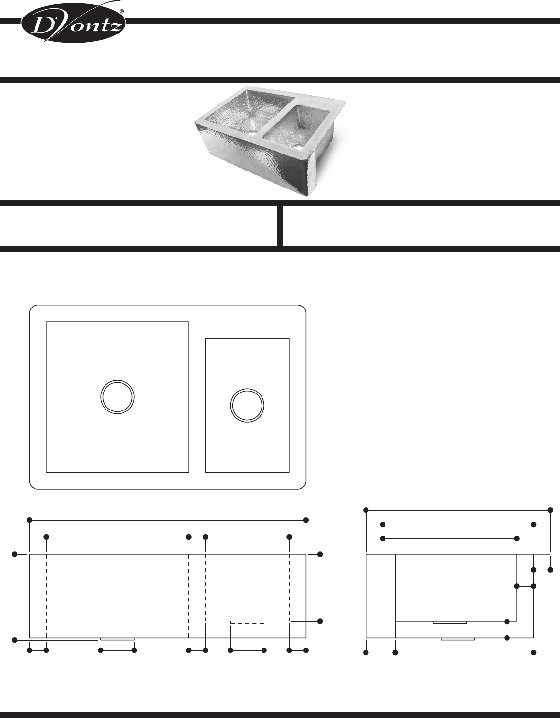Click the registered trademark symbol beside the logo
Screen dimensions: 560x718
click(x=121, y=10)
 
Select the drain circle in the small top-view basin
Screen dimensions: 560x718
click(x=247, y=405)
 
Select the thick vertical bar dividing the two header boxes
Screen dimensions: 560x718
click(x=280, y=226)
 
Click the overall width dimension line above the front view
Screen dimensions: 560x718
click(x=168, y=520)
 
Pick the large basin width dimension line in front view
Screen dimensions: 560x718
click(x=117, y=537)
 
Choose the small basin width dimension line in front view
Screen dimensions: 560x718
click(x=247, y=537)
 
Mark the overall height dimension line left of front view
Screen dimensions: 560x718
click(x=15, y=597)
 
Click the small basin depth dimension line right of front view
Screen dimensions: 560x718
click(x=320, y=588)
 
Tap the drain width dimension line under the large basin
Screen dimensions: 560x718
click(x=117, y=650)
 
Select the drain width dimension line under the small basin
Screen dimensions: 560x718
click(x=247, y=650)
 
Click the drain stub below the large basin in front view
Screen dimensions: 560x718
click(x=117, y=639)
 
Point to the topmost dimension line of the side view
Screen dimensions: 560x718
click(x=458, y=510)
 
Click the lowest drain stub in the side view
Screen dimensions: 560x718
click(x=458, y=639)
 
